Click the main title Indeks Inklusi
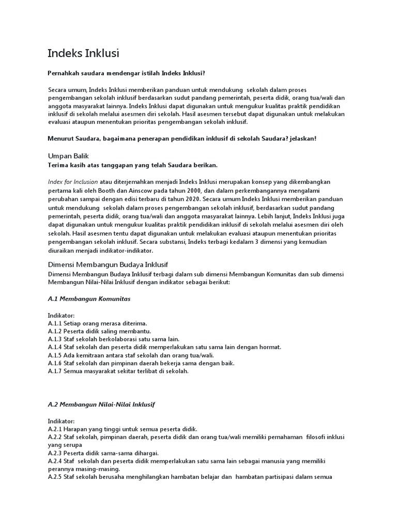pyautogui.click(x=83, y=54)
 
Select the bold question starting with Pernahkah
pyautogui.click(x=130, y=73)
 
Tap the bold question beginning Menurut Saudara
pyautogui.click(x=182, y=138)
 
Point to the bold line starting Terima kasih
pyautogui.click(x=133, y=165)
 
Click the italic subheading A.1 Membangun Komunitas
pyautogui.click(x=89, y=299)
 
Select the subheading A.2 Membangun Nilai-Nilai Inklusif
pyautogui.click(x=101, y=404)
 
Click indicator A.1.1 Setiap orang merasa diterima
pyautogui.click(x=98, y=322)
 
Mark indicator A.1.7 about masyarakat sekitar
pyautogui.click(x=118, y=371)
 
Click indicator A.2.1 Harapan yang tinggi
pyautogui.click(x=123, y=429)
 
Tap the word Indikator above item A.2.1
pyautogui.click(x=62, y=421)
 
